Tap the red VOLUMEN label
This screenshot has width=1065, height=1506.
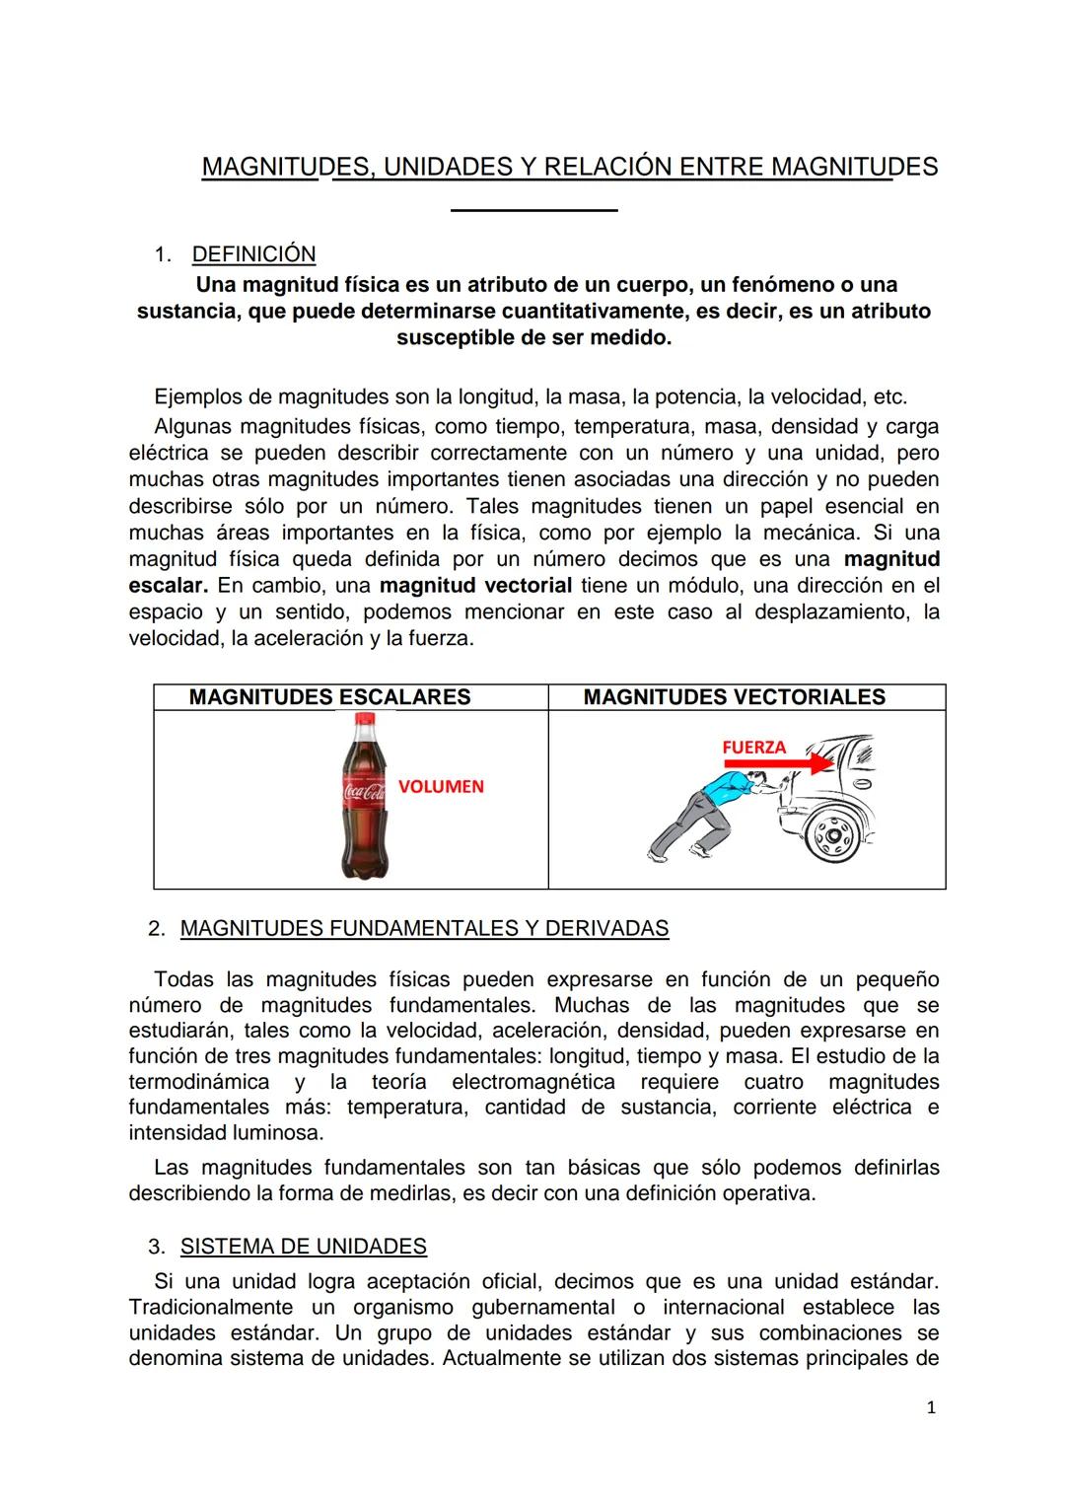pos(441,786)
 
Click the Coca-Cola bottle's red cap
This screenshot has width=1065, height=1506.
pos(361,721)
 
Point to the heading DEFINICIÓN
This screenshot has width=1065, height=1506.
pos(253,253)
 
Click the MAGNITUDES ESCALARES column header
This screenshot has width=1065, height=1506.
pos(329,697)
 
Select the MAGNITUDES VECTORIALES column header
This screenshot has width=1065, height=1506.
pos(734,697)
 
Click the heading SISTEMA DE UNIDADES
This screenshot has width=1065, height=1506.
pos(303,1246)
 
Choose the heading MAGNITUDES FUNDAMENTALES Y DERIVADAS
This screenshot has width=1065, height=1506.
pos(424,928)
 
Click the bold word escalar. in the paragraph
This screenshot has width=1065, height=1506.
pos(168,585)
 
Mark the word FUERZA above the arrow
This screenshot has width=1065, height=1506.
pos(753,747)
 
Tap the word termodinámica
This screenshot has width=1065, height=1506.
pos(198,1081)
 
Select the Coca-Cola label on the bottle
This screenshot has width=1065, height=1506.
pos(361,791)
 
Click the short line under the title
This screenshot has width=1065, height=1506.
pos(533,209)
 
